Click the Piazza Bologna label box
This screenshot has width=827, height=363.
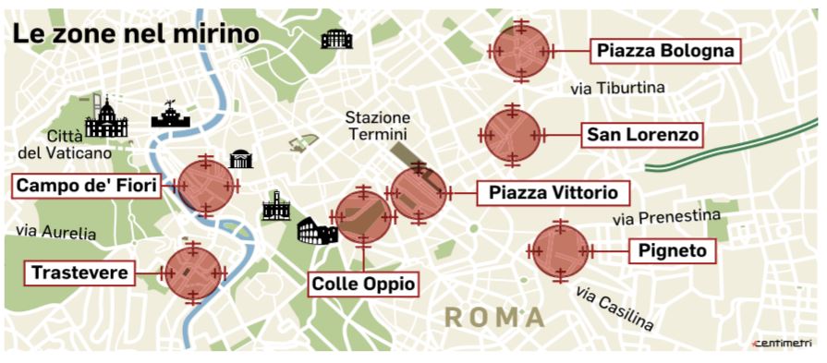(x=665, y=51)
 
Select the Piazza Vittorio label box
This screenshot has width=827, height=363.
(x=553, y=193)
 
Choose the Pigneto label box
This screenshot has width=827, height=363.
(x=672, y=250)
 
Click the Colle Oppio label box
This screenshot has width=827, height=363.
(x=362, y=283)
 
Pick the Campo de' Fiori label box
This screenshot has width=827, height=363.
(x=88, y=185)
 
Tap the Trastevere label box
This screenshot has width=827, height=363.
(x=79, y=272)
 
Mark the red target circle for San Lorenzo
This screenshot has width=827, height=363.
(x=512, y=136)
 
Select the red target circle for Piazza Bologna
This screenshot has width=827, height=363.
(x=521, y=51)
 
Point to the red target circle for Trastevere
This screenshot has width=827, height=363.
(x=192, y=272)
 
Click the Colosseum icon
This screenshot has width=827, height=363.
(x=316, y=230)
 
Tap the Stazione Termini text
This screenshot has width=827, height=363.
(x=379, y=127)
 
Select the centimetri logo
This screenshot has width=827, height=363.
(x=783, y=344)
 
